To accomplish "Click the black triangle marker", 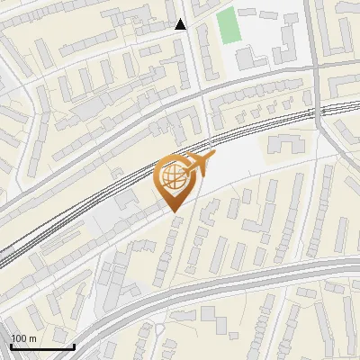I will [181, 24].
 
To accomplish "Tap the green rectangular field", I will [229, 26].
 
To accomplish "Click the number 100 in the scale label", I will [19, 338].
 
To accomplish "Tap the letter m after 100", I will [32, 338].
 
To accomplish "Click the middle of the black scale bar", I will [42, 346].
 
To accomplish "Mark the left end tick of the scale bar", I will [12, 346].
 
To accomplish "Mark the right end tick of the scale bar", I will [73, 346].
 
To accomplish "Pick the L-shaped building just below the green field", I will [247, 59].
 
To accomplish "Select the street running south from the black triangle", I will [193, 63].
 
